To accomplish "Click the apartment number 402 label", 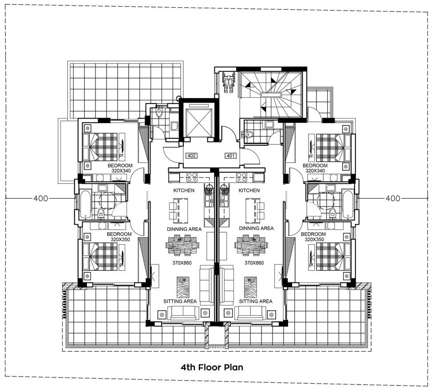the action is point(191,156).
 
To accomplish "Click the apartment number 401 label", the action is point(230,156).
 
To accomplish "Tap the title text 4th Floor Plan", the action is point(212,367).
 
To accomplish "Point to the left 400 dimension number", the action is point(40,198).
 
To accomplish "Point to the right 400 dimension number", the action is point(393,198).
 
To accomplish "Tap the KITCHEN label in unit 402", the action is point(184,191).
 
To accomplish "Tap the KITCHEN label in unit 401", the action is point(249,191).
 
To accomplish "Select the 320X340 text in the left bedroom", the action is point(121,171).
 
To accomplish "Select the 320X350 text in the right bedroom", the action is point(314,239).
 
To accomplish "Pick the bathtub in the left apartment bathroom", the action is point(85,204).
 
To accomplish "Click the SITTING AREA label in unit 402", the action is point(180,302).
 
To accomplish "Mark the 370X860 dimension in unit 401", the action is point(254,263).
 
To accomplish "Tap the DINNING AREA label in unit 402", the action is point(184,229).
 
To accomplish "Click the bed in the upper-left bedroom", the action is point(100,147).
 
